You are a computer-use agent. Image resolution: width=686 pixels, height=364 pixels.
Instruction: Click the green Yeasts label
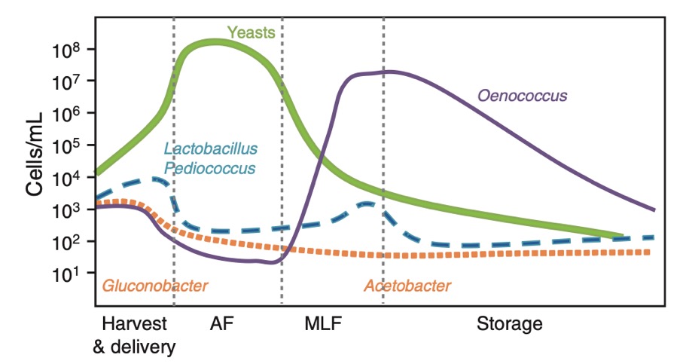[x=252, y=33]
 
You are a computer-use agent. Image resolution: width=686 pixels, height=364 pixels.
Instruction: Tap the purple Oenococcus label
[x=522, y=96]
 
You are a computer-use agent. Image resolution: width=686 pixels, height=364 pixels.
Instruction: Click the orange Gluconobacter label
[x=154, y=286]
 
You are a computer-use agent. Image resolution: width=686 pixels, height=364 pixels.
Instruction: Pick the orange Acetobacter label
[x=407, y=286]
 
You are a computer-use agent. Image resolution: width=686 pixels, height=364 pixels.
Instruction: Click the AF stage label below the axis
[x=221, y=326]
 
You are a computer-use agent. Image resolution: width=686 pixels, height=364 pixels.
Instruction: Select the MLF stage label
[x=323, y=326]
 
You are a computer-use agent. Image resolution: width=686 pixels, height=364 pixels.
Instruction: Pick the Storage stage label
[x=509, y=326]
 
